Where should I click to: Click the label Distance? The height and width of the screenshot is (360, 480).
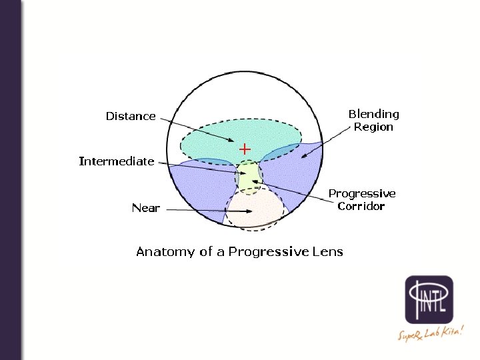(x=131, y=116)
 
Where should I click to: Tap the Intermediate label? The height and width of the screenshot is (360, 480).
(x=117, y=161)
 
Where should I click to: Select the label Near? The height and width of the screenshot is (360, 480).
(x=145, y=208)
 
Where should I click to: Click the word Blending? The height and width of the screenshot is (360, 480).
(x=374, y=114)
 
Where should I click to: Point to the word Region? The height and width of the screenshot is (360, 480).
(x=373, y=127)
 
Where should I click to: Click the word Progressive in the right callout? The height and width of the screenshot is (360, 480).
(x=362, y=193)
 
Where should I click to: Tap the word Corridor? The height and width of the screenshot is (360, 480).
(x=361, y=206)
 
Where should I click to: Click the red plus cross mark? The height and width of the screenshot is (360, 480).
(x=245, y=148)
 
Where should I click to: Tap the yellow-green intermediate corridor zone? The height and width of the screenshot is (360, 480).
(x=249, y=175)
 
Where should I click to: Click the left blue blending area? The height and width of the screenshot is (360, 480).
(x=200, y=190)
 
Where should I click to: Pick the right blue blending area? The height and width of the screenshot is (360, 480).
(x=293, y=177)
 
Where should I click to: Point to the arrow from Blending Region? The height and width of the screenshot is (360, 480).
(x=327, y=143)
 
